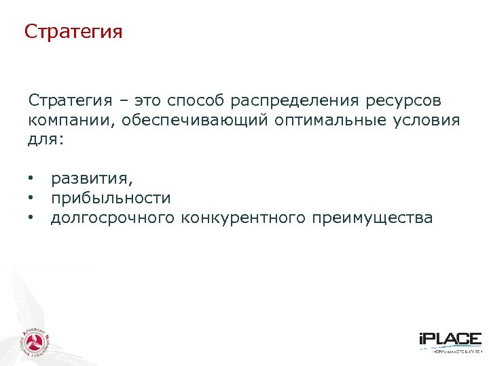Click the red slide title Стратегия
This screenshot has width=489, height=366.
coord(73,32)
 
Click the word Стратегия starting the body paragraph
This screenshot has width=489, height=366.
coord(70,101)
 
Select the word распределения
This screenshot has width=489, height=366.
coord(294,101)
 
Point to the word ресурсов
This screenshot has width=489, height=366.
coord(403,101)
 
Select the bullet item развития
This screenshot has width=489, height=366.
coord(92,179)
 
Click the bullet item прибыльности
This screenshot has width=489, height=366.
coord(111,198)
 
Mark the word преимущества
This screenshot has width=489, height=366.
coord(372,218)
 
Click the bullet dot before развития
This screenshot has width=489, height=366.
coord(31,179)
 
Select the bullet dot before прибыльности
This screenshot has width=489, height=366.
coord(31,198)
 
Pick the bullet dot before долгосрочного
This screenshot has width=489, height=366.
coord(31,218)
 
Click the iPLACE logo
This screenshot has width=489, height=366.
coord(450,341)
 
